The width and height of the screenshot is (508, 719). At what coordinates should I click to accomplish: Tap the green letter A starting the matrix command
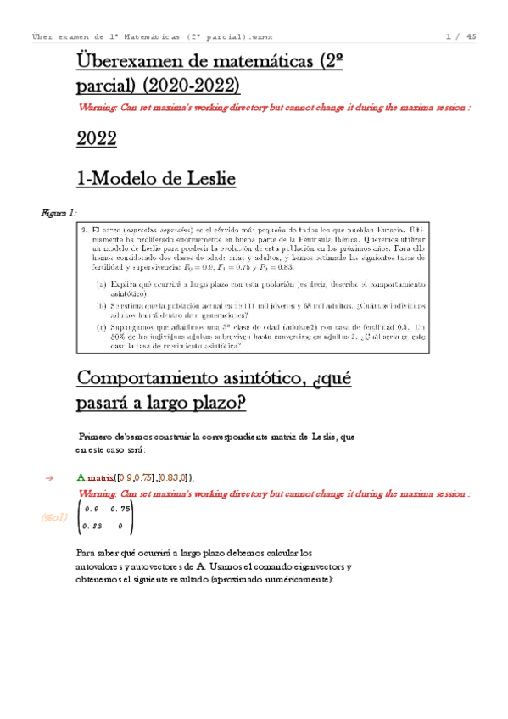click(x=80, y=479)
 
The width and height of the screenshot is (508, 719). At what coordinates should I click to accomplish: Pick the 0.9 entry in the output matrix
click(x=92, y=509)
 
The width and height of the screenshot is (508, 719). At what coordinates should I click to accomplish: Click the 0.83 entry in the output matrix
click(x=92, y=527)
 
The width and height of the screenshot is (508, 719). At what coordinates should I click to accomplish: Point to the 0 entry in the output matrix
click(x=120, y=527)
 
